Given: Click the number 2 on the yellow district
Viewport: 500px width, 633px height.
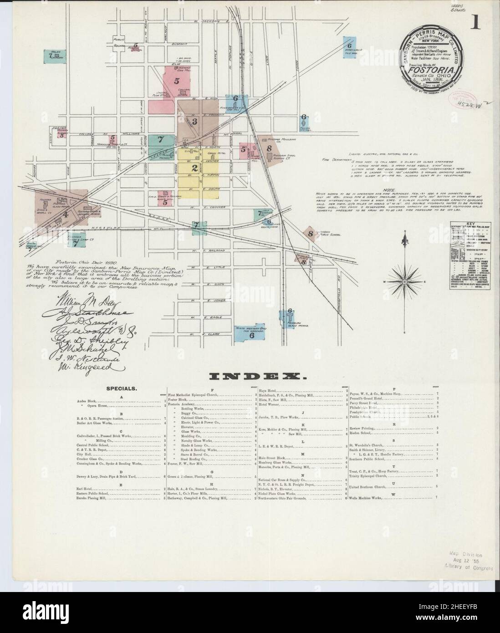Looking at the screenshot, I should pos(194,168).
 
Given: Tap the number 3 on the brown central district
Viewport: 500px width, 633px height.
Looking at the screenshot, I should pos(194,122).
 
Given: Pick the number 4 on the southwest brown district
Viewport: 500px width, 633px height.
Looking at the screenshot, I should pos(66,214).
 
